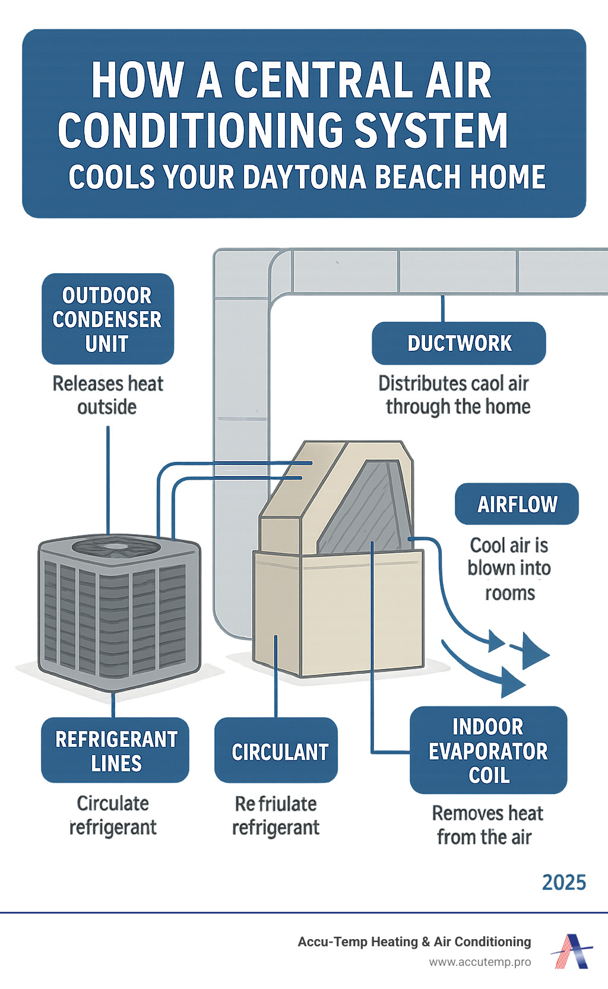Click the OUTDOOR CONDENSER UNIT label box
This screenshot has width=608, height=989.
click(x=107, y=319)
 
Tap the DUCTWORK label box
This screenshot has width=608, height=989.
click(x=458, y=343)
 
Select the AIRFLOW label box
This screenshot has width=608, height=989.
click(x=517, y=504)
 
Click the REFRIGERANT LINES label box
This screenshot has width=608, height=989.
click(x=115, y=750)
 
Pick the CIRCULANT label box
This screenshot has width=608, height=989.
click(x=276, y=751)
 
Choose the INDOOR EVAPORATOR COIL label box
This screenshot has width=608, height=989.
click(x=488, y=750)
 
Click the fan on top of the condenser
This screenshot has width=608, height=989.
click(x=116, y=546)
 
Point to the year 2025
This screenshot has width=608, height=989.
click(x=563, y=883)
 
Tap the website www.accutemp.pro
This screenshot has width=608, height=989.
click(x=480, y=962)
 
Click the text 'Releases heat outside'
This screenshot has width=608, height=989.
click(x=107, y=395)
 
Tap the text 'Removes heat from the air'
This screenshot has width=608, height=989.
click(x=487, y=825)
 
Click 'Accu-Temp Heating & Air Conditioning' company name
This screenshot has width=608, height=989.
click(x=414, y=942)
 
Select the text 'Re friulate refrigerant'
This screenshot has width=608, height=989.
click(x=275, y=815)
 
